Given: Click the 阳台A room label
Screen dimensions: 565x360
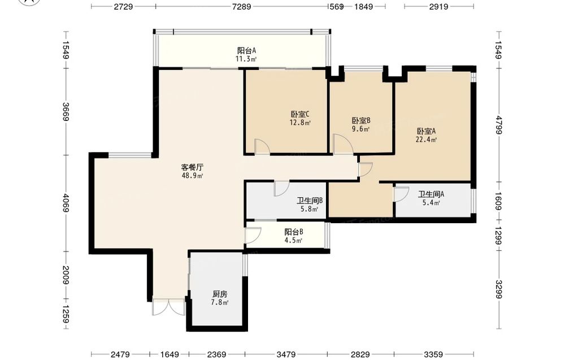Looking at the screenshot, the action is (x=246, y=50).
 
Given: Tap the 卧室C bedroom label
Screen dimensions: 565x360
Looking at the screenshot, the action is (x=300, y=114).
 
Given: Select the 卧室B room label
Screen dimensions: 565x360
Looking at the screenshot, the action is (x=361, y=121).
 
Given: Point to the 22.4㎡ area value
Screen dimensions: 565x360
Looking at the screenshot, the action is (x=426, y=140).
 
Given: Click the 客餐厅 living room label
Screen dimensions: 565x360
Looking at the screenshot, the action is (x=192, y=167).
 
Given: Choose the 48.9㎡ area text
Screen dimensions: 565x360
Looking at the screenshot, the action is (x=192, y=176).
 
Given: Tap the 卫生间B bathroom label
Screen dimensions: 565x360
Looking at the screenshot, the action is (x=310, y=201).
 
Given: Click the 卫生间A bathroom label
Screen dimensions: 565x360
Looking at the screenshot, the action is (x=431, y=194).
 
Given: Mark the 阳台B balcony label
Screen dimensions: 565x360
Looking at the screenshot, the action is (x=294, y=232).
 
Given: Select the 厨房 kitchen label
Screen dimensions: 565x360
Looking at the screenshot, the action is (x=220, y=294).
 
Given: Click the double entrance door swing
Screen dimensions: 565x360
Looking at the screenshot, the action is (x=168, y=306).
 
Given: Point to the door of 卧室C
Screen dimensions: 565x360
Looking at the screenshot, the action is (x=262, y=147).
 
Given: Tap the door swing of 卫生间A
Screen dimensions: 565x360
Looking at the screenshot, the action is (x=401, y=194).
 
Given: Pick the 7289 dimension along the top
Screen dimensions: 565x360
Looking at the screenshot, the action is (x=241, y=6).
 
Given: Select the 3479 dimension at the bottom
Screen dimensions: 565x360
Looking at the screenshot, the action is (x=286, y=354).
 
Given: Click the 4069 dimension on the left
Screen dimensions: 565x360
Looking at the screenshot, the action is (x=66, y=203).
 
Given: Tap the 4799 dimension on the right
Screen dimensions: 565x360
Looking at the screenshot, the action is (x=499, y=125).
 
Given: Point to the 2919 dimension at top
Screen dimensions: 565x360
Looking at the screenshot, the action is (x=438, y=6).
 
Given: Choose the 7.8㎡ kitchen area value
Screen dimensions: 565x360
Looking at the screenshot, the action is (x=220, y=302).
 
